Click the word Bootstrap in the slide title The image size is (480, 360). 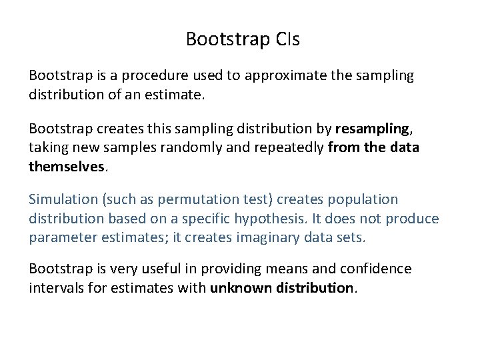coord(227,39)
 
